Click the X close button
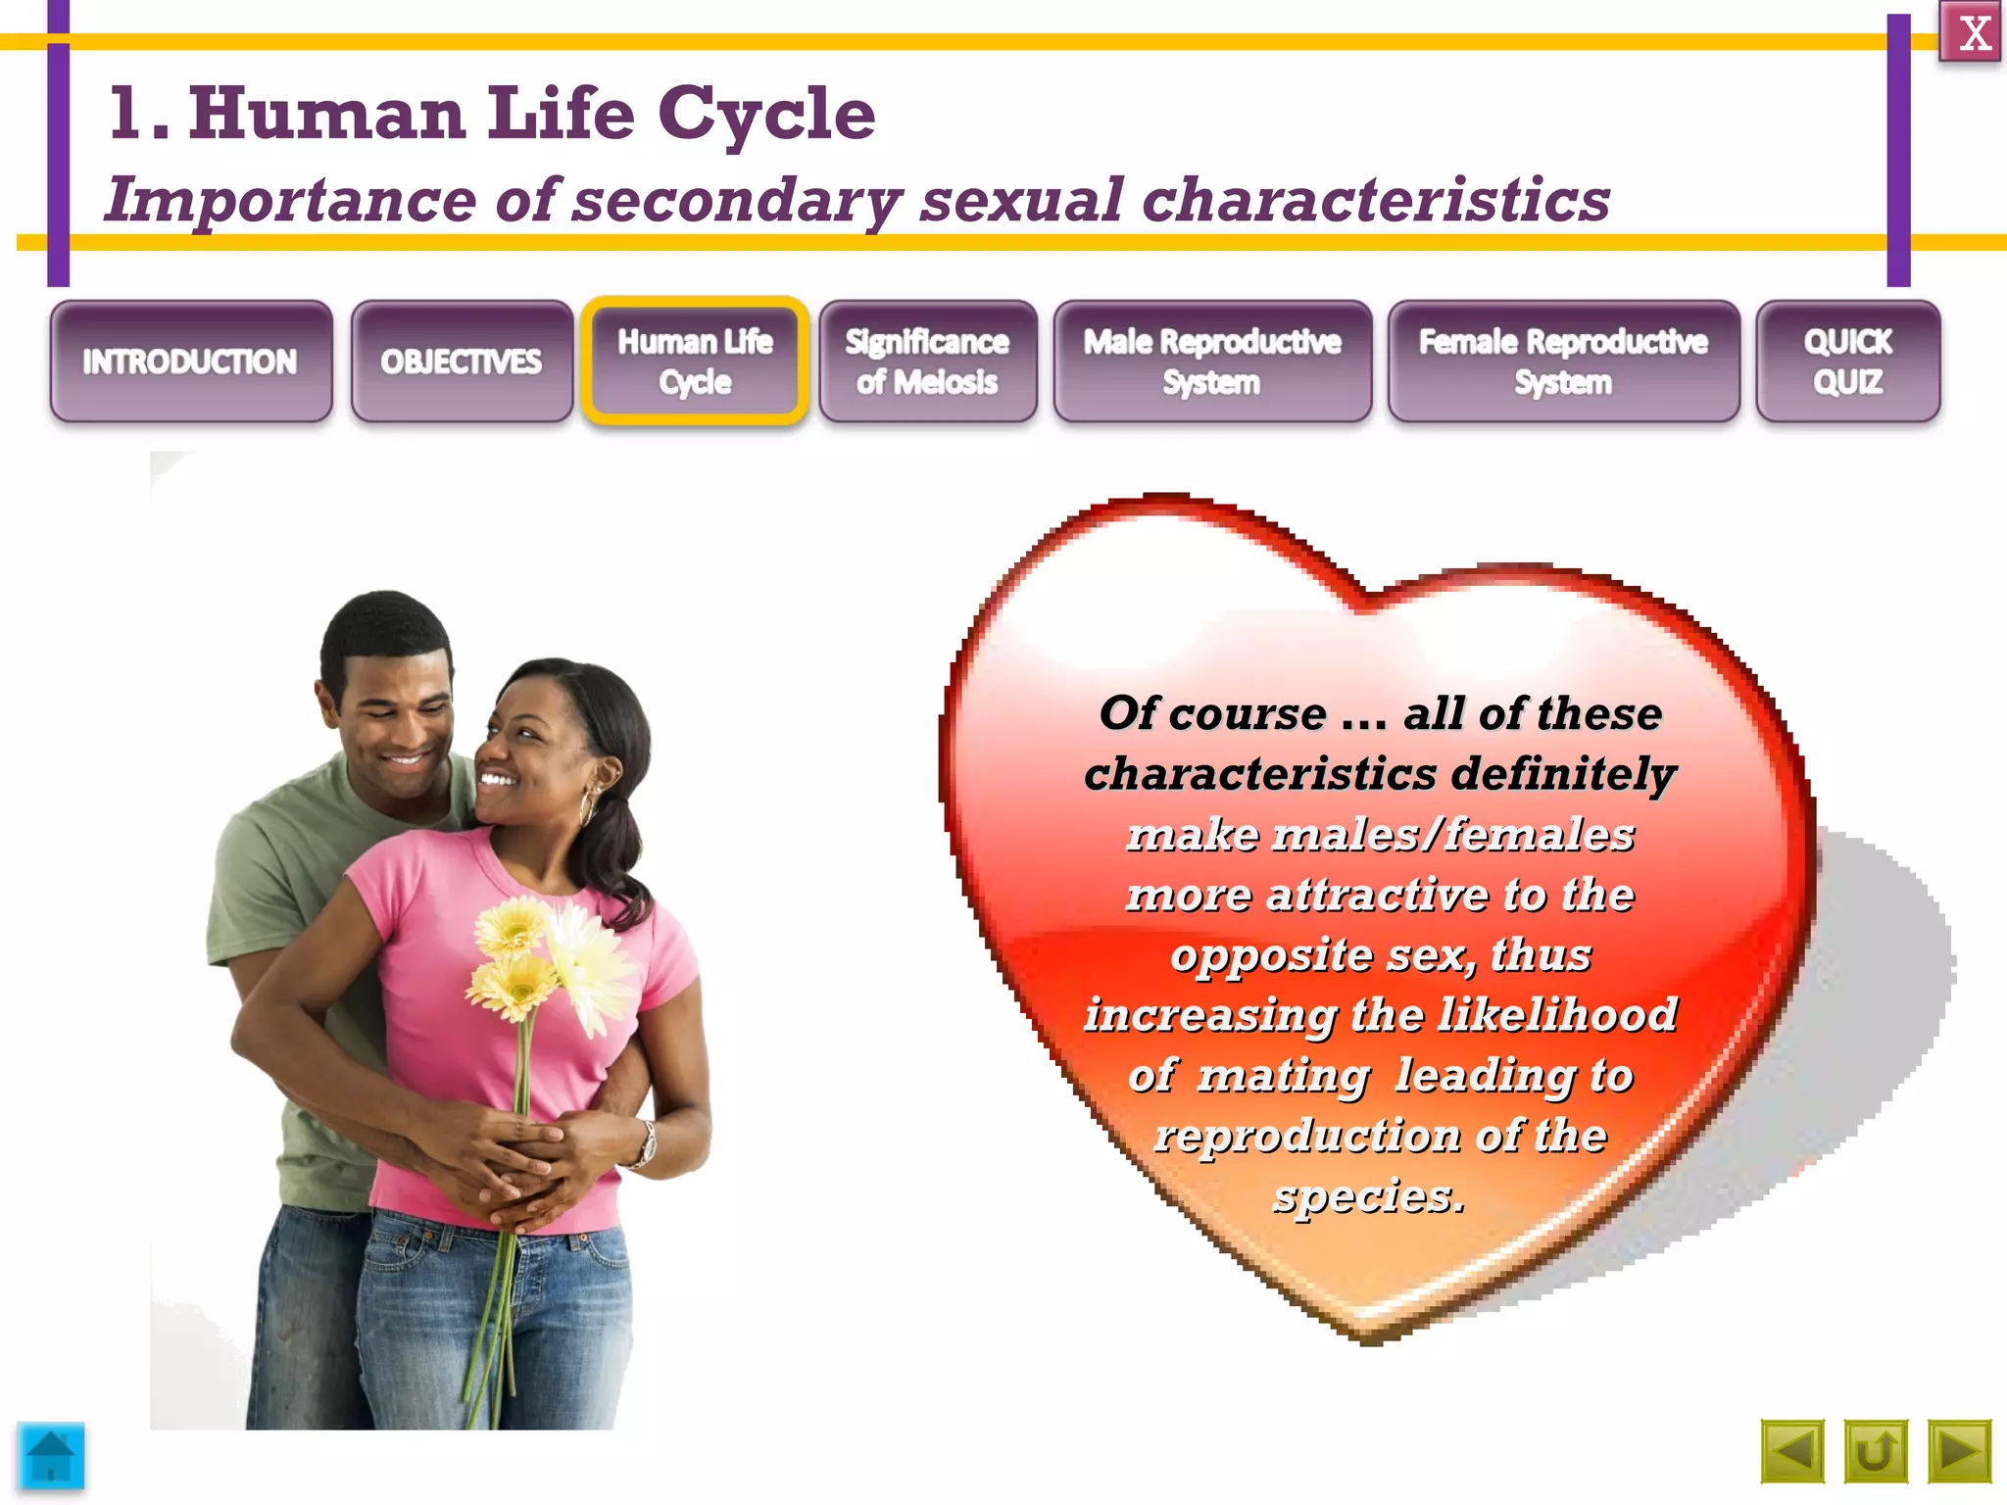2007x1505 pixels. tap(1970, 33)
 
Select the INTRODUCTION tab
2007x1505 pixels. tap(190, 362)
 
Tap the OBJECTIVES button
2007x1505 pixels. tap(462, 362)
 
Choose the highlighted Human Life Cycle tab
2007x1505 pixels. tap(695, 362)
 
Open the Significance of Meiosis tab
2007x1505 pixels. tap(927, 362)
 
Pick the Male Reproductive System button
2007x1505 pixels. tap(1212, 362)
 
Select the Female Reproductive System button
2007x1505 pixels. tap(1563, 362)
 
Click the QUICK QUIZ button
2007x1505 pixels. tap(1847, 362)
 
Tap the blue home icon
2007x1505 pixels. tap(51, 1456)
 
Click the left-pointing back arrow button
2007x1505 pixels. tap(1792, 1451)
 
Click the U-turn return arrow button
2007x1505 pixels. tap(1876, 1451)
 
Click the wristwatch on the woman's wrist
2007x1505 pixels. tap(647, 1143)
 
